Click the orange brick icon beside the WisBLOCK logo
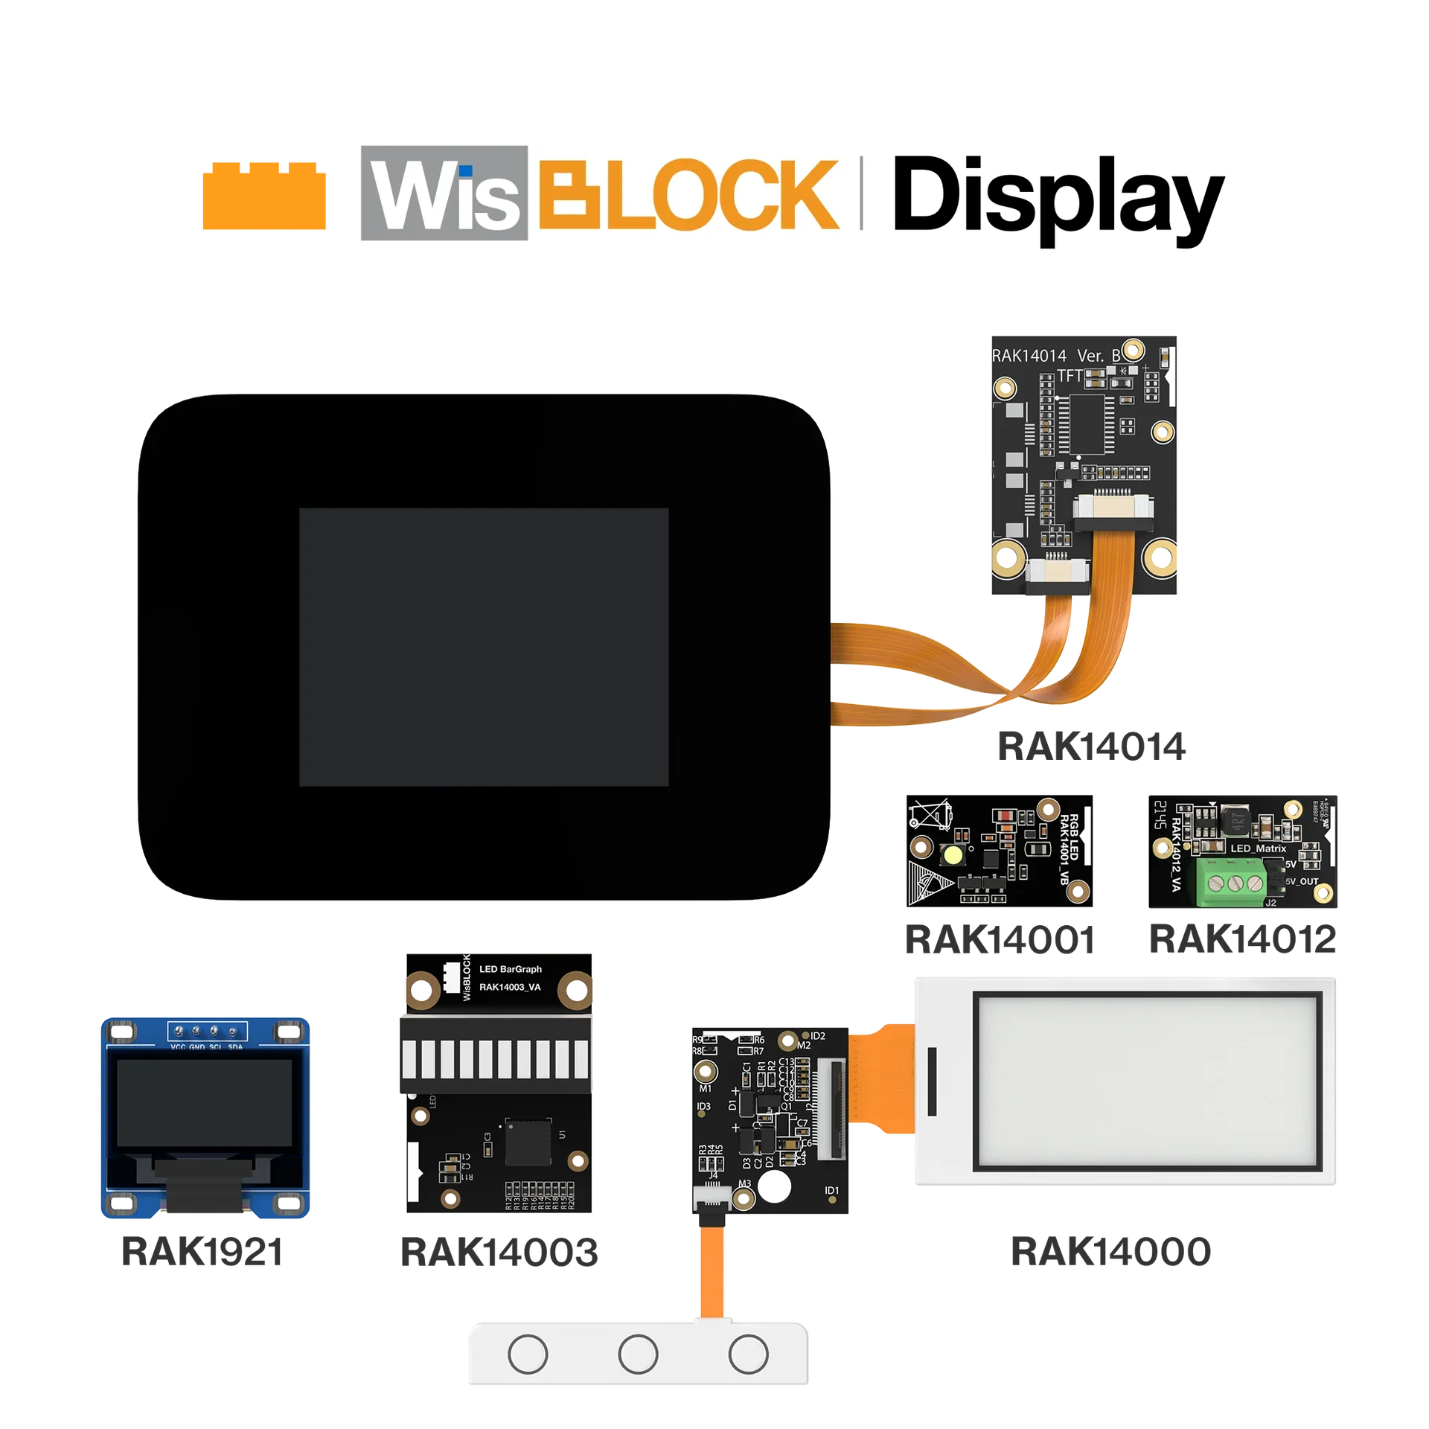click(262, 196)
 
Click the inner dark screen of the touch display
click(484, 647)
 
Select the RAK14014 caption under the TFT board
click(1090, 745)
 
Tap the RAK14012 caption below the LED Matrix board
click(1244, 939)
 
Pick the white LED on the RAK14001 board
click(950, 856)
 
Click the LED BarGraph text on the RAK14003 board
click(511, 969)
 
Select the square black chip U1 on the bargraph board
click(528, 1141)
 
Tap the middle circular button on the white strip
click(638, 1355)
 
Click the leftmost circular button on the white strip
click(528, 1355)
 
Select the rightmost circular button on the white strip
click(748, 1355)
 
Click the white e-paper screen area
click(1145, 1081)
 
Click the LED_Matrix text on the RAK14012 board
click(1258, 848)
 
